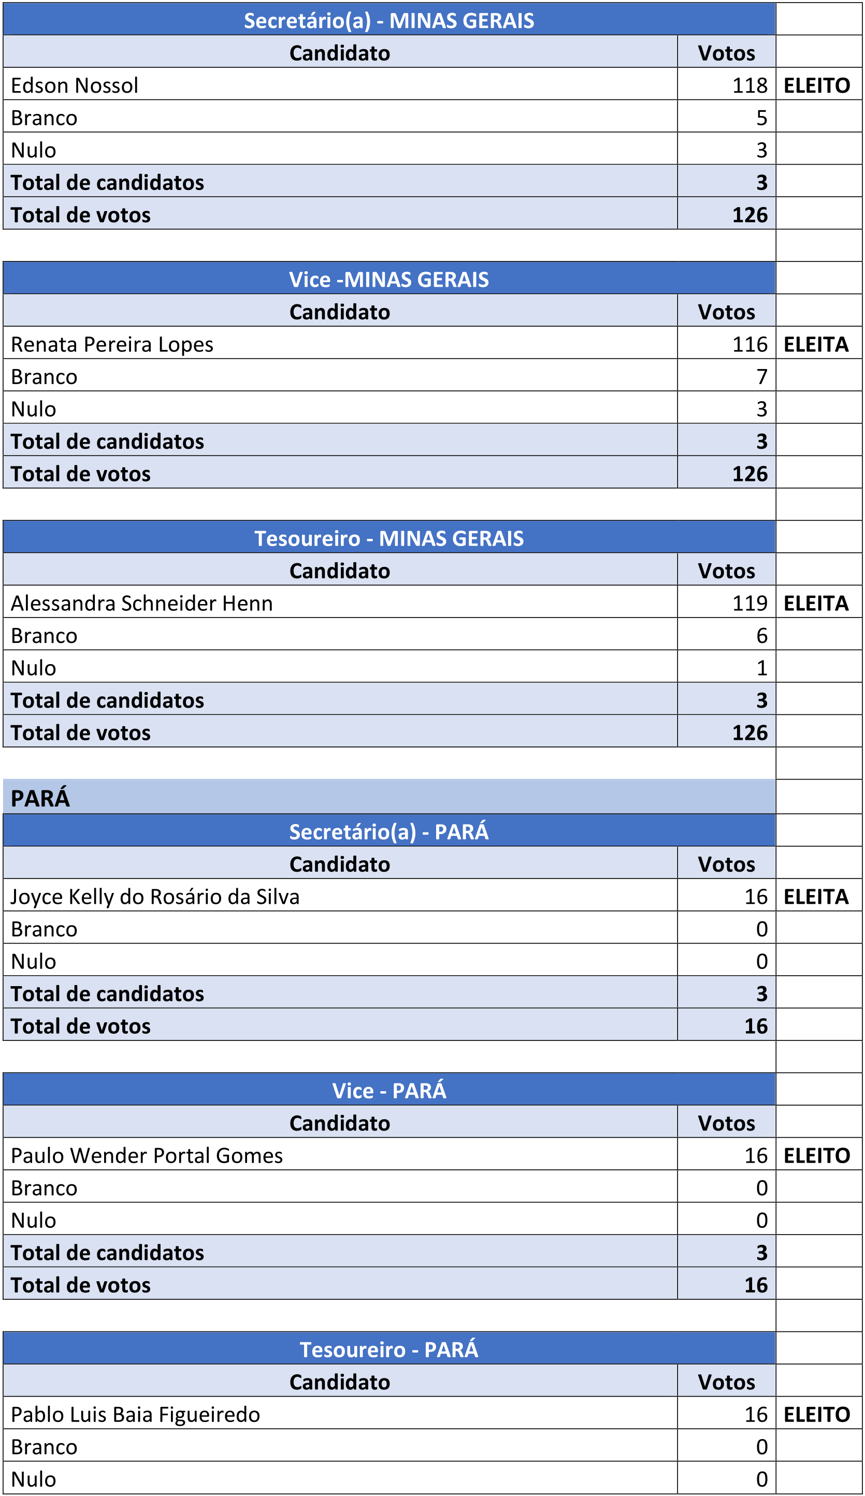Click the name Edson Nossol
coord(74,85)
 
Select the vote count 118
coord(749,85)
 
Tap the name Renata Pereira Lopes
coord(112,344)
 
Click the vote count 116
coord(749,344)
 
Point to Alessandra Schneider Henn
coord(141,603)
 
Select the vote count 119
coord(749,603)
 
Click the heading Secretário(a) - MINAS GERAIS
coord(389,21)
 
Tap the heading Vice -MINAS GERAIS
coord(389,280)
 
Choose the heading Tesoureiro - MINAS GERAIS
coord(389,538)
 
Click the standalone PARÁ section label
coord(40,798)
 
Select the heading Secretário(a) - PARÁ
coord(389,832)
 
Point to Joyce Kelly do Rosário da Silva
coord(154,897)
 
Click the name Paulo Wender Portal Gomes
coord(147,1155)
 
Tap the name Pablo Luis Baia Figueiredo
coord(136,1414)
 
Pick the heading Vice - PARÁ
coord(389,1091)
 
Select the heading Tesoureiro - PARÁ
coord(389,1350)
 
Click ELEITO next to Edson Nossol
coord(817,85)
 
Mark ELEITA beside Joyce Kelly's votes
coord(816,897)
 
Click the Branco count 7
coord(761,377)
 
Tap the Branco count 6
coord(761,636)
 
